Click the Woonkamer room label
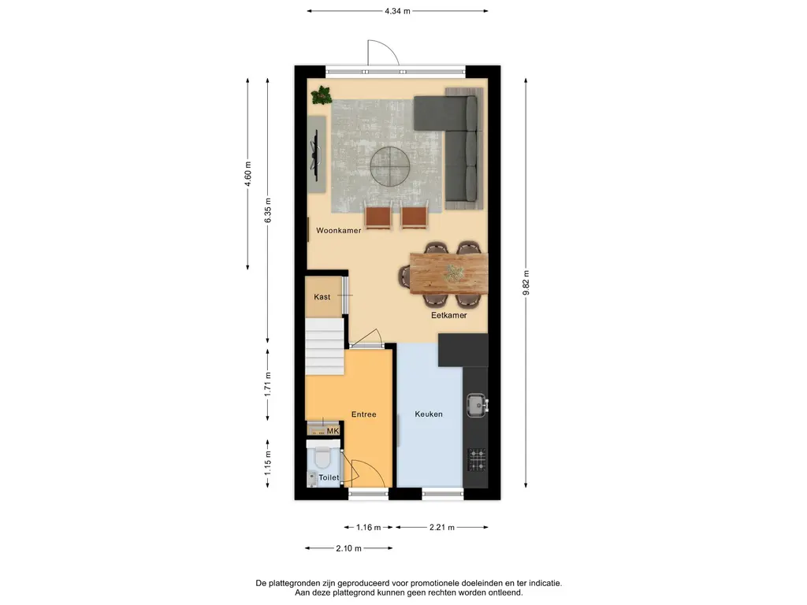tap(338, 231)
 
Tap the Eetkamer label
tap(448, 315)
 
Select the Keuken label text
tap(429, 414)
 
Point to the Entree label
tap(364, 414)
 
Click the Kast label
tap(322, 297)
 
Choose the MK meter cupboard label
tap(333, 431)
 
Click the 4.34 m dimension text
tap(397, 11)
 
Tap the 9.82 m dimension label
tap(526, 283)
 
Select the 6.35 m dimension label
tap(268, 210)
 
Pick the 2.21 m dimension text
tap(442, 527)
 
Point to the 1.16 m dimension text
tap(369, 527)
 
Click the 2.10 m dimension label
tap(348, 548)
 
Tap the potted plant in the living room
tap(322, 95)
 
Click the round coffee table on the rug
tap(389, 167)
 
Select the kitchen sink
tap(477, 406)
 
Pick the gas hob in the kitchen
tap(477, 460)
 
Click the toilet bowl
tap(322, 456)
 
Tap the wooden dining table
tap(448, 273)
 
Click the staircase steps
tap(324, 347)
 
